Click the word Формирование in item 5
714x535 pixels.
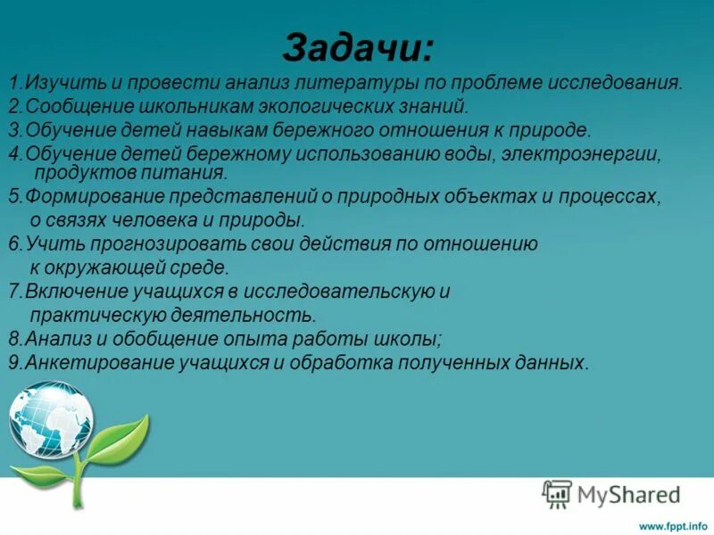coord(81,196)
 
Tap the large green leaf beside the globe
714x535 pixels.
coord(120,437)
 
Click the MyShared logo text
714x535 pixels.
coord(629,493)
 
